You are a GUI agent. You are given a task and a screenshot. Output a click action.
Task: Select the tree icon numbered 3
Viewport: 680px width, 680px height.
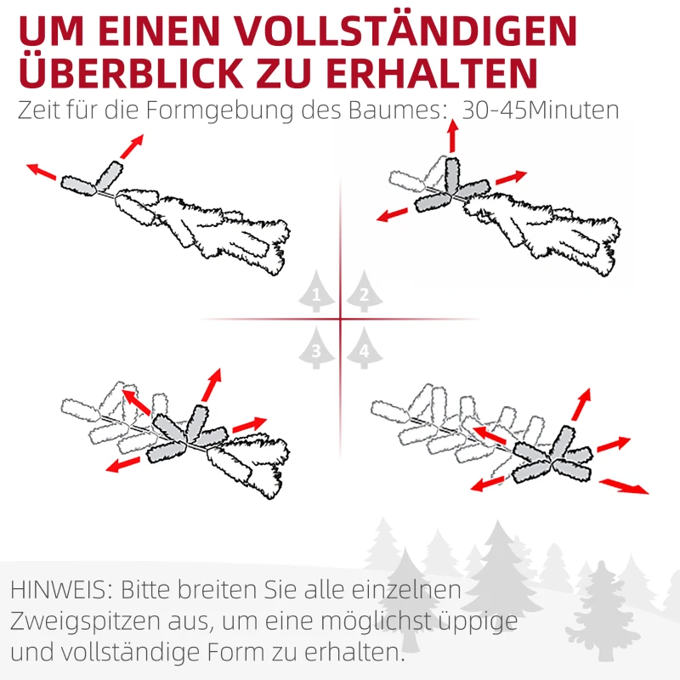click(x=317, y=348)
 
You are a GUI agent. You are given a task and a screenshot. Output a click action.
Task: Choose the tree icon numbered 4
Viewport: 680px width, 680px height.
click(x=364, y=348)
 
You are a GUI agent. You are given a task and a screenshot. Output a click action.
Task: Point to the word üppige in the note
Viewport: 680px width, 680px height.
click(x=482, y=622)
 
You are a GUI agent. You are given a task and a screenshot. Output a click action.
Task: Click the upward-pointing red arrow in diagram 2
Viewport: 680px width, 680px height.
click(x=452, y=137)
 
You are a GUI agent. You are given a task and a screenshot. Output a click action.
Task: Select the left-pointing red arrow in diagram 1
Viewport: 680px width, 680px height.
click(x=42, y=173)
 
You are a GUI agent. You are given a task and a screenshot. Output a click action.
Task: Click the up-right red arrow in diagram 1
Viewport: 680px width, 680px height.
click(x=131, y=146)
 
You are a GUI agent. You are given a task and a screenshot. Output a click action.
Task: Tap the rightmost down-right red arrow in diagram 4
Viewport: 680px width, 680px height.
click(x=625, y=486)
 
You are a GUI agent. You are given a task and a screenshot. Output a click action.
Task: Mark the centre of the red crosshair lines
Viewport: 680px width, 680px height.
click(x=340, y=320)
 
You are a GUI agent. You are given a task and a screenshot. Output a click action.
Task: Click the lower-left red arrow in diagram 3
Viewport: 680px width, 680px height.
click(x=123, y=464)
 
